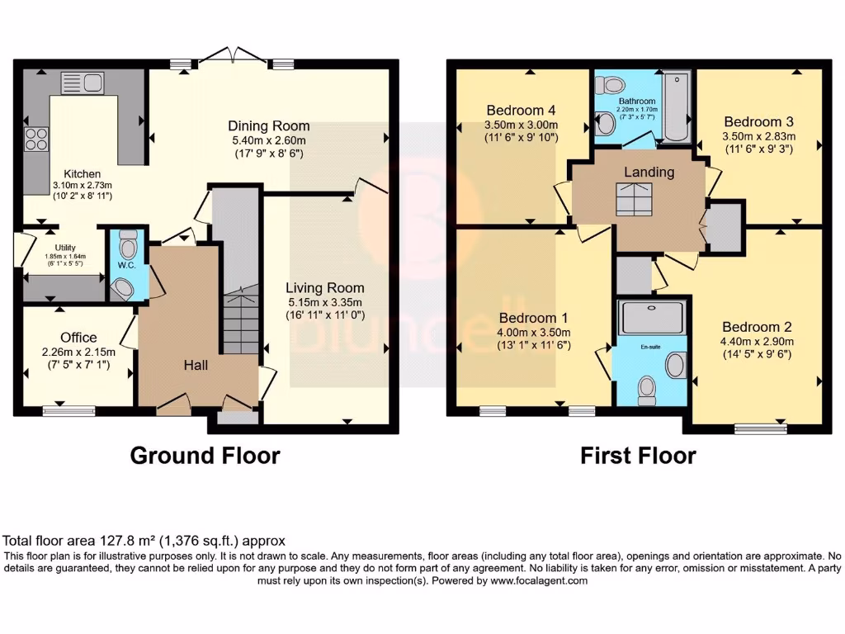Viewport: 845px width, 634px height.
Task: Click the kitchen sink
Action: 83,83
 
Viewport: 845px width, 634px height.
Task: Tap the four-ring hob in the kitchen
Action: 36,139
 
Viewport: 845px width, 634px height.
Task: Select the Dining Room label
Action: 269,125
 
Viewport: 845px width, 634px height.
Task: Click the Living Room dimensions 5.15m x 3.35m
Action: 325,302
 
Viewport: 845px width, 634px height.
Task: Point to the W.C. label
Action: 126,265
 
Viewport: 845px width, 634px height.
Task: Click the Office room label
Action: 78,338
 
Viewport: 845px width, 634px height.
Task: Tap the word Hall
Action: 196,365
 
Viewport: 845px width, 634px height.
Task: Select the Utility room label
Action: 65,248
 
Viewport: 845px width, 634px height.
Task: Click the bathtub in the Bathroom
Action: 676,107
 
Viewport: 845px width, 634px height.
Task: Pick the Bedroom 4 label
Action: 521,110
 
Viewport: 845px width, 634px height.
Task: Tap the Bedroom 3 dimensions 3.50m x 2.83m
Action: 759,136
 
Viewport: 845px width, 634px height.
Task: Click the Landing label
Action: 649,172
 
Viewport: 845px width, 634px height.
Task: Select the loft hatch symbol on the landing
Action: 635,200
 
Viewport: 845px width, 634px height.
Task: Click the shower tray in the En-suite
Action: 653,318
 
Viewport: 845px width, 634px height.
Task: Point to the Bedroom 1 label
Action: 533,318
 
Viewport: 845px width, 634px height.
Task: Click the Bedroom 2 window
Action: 760,428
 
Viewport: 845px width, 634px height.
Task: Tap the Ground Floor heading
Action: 205,456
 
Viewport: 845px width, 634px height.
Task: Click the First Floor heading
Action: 638,456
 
